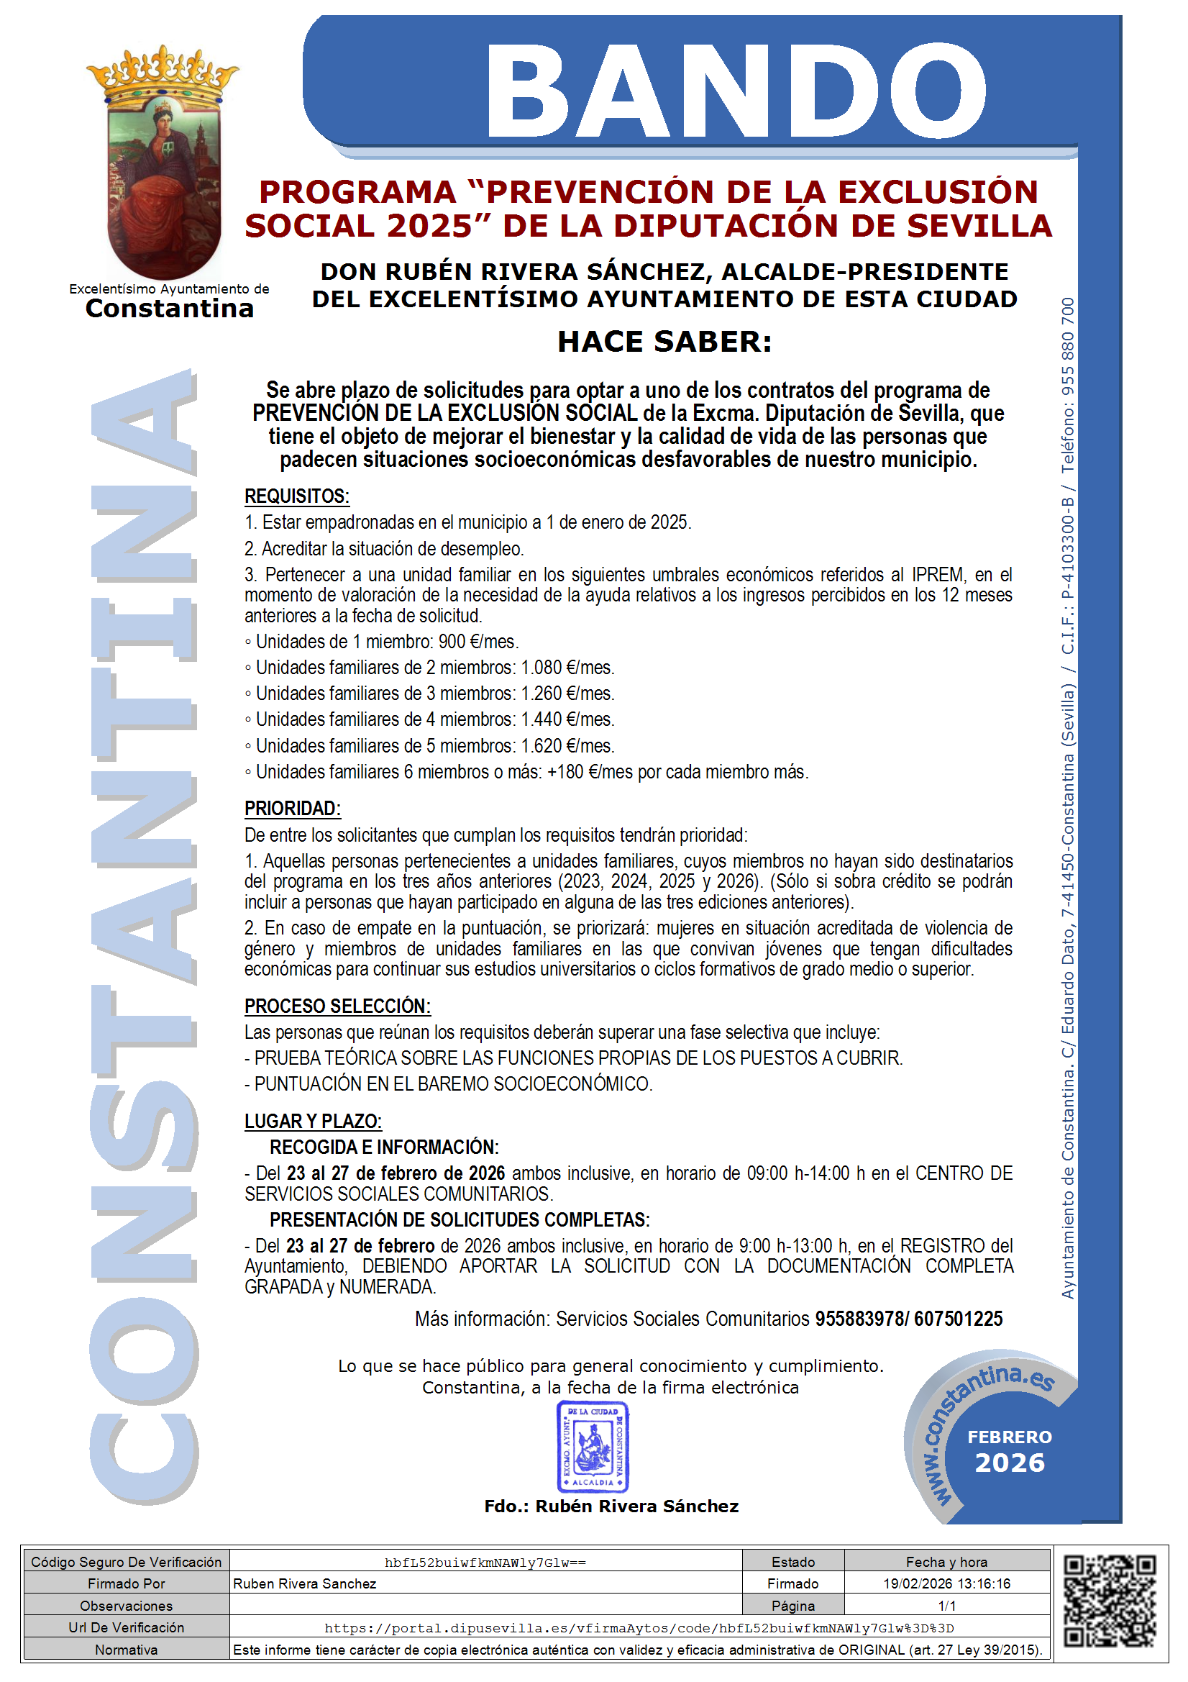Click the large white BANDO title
[x=736, y=90]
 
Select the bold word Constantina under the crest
[x=169, y=309]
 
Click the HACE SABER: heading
[x=664, y=342]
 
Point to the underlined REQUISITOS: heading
[x=296, y=496]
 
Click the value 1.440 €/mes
[x=567, y=719]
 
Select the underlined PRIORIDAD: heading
[x=292, y=808]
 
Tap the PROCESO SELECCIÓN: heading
[x=337, y=1006]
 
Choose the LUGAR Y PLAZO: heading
[x=313, y=1121]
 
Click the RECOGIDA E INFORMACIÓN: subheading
[x=384, y=1147]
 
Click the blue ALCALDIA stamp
[x=593, y=1447]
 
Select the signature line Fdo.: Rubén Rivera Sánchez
[x=611, y=1506]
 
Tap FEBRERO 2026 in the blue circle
[x=1009, y=1450]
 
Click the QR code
[x=1110, y=1602]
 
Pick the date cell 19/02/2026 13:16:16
[x=946, y=1583]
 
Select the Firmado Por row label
[x=126, y=1583]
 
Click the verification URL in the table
[x=639, y=1628]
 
